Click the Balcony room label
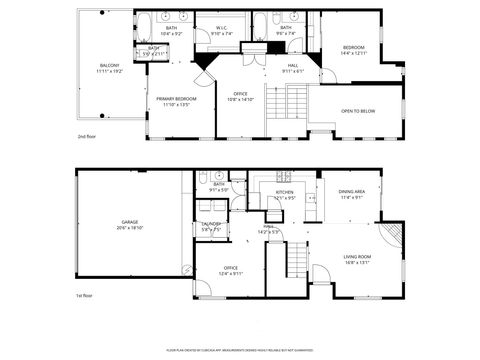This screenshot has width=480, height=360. tap(109, 65)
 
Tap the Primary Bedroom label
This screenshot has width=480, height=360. tap(176, 99)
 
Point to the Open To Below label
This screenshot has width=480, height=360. tap(358, 111)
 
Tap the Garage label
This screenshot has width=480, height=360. tap(130, 224)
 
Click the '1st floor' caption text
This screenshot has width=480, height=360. tap(84, 296)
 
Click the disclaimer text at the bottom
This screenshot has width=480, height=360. tap(240, 349)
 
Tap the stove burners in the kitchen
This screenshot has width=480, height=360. tap(283, 180)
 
